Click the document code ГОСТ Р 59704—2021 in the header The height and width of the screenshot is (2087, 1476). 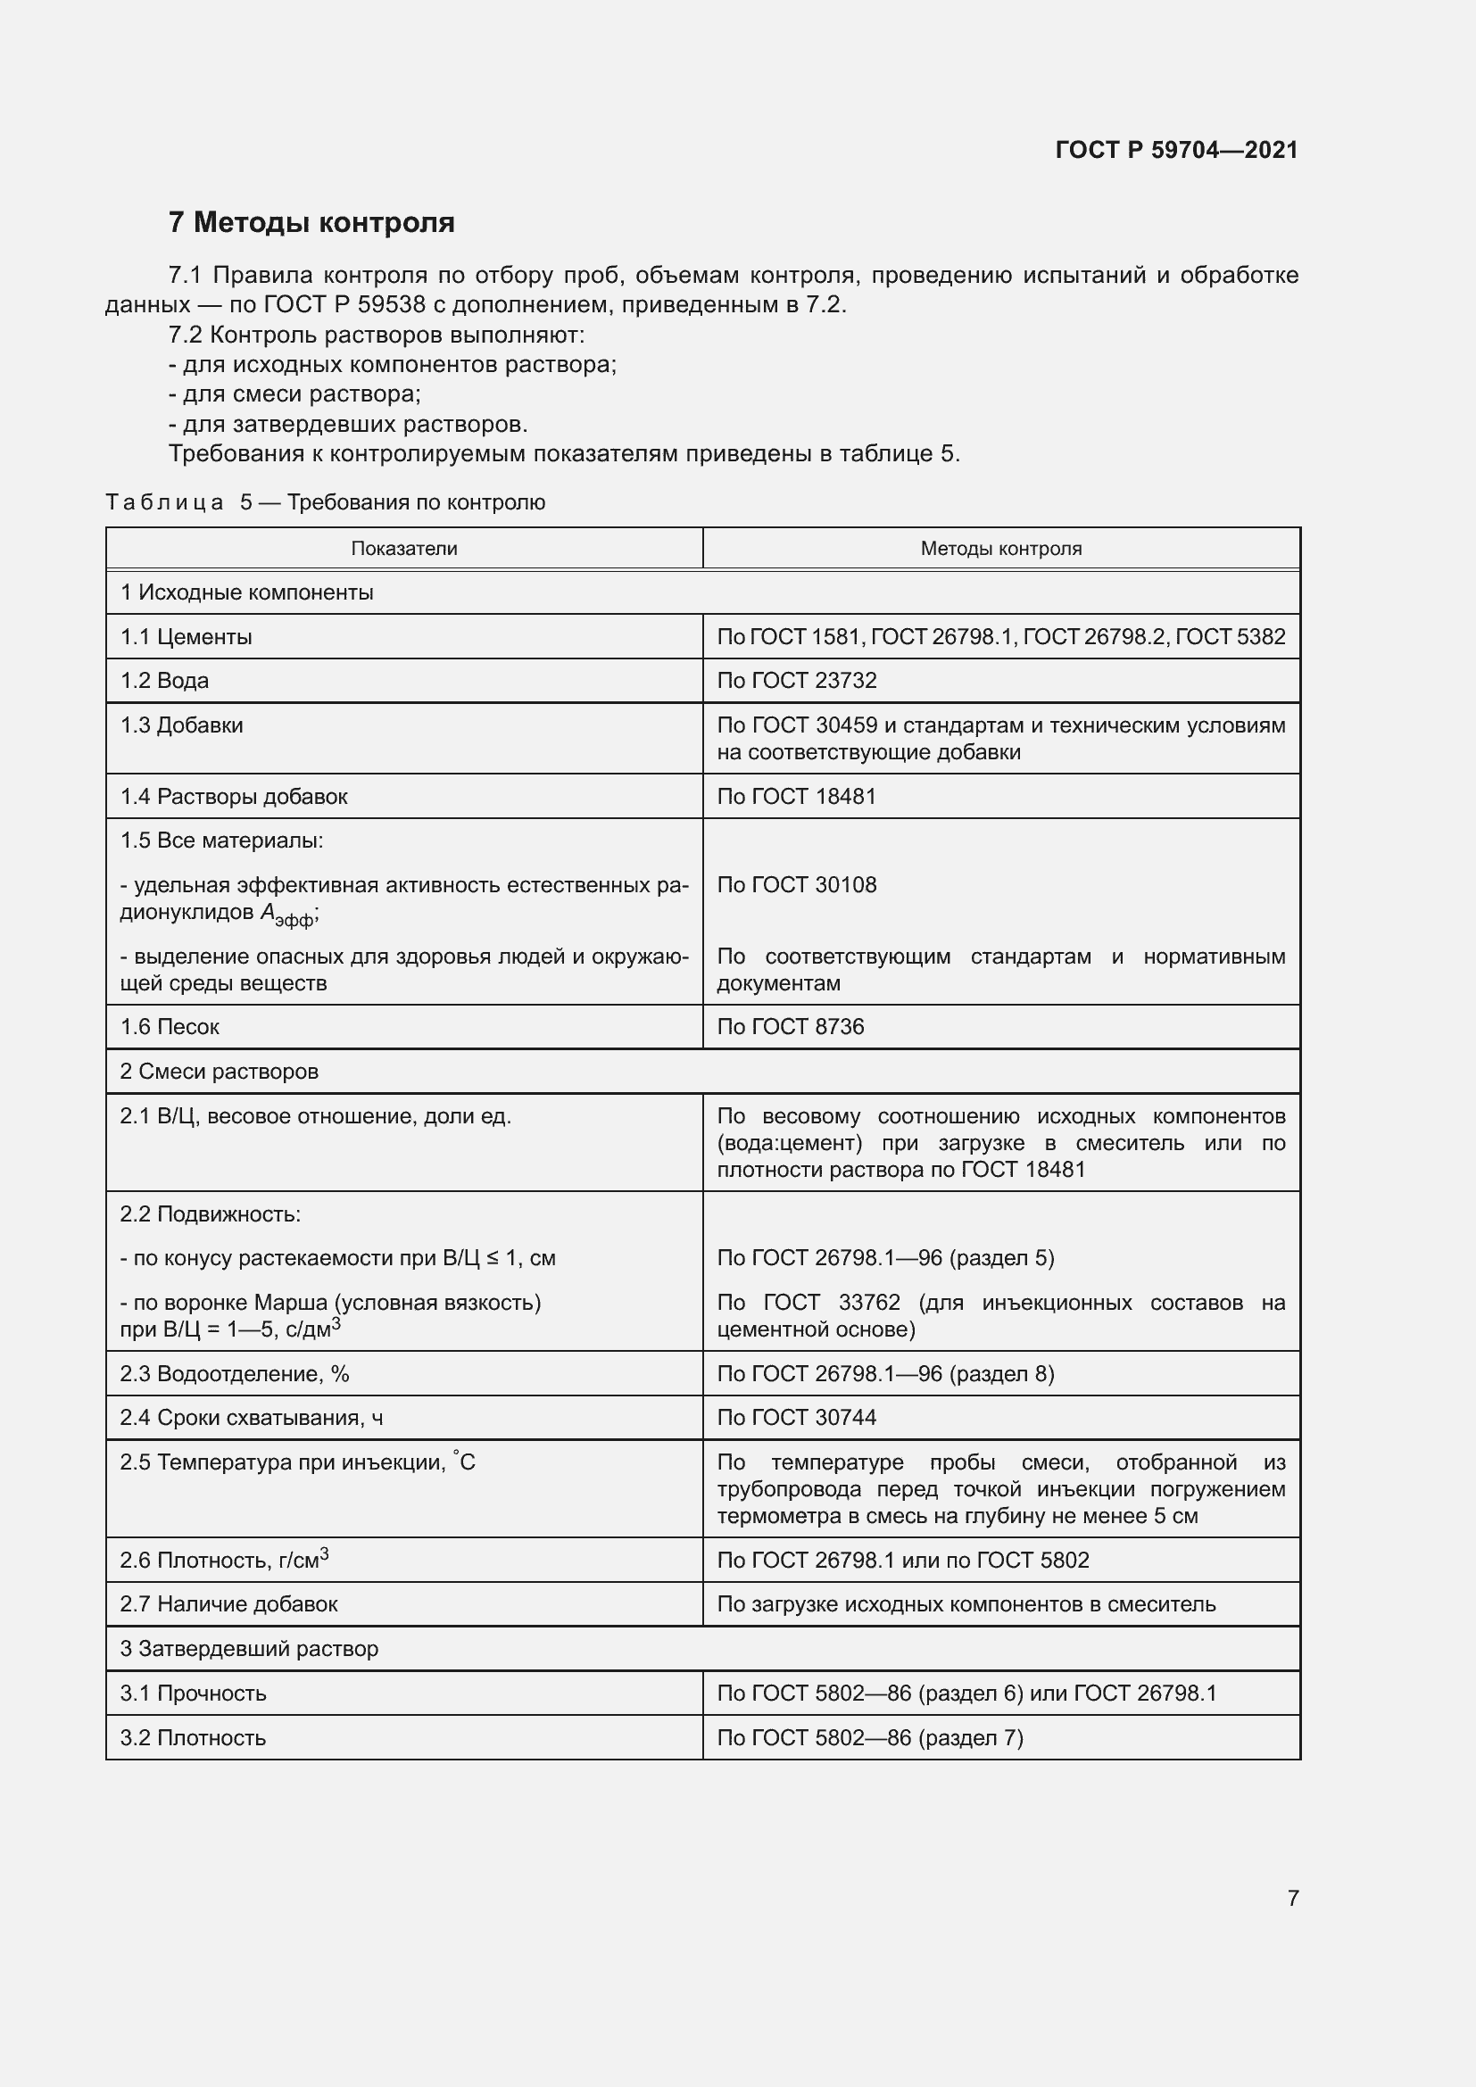pos(1176,150)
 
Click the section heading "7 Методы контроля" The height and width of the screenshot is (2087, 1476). pos(311,223)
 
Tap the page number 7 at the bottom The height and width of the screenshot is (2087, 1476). pos(1292,1898)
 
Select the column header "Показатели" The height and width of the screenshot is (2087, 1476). pos(403,548)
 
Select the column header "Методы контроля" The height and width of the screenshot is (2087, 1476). pos(1000,548)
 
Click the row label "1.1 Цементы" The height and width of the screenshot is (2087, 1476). pos(187,636)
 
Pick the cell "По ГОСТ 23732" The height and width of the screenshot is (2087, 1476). pos(796,681)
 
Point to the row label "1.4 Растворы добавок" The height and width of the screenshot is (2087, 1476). pos(234,796)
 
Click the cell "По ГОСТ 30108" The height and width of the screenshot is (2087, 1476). pos(796,884)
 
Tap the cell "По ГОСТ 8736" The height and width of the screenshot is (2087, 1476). pos(790,1026)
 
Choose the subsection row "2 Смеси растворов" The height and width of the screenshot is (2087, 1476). pos(219,1071)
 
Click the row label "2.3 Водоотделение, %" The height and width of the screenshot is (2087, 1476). pos(235,1373)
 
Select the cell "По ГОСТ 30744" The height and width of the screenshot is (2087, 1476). pos(796,1417)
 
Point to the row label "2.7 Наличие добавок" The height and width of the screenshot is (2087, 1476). pos(229,1603)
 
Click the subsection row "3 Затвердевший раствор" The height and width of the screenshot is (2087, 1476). pos(249,1648)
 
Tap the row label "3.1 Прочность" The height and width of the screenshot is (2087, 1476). pos(193,1693)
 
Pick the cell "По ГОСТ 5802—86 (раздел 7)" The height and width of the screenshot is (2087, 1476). pos(870,1737)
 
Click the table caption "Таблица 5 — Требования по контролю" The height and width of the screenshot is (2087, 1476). pos(326,502)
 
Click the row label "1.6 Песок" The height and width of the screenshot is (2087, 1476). pos(170,1026)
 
